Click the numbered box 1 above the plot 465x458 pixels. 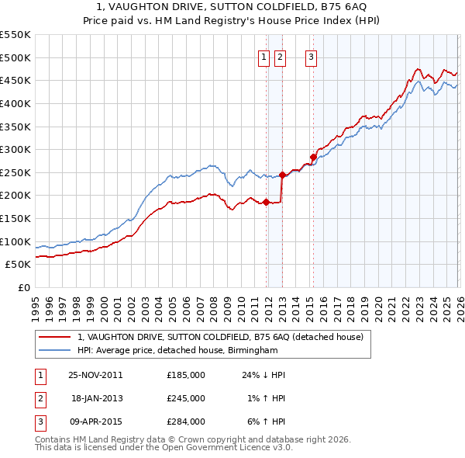tap(264, 56)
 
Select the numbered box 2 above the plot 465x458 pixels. tap(280, 56)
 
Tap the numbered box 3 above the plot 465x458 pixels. tap(311, 56)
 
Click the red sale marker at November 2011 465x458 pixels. tap(266, 203)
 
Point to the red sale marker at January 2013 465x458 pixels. tap(282, 175)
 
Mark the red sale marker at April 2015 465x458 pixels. tap(313, 157)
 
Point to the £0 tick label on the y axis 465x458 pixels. tap(23, 287)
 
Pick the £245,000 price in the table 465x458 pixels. tap(186, 398)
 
